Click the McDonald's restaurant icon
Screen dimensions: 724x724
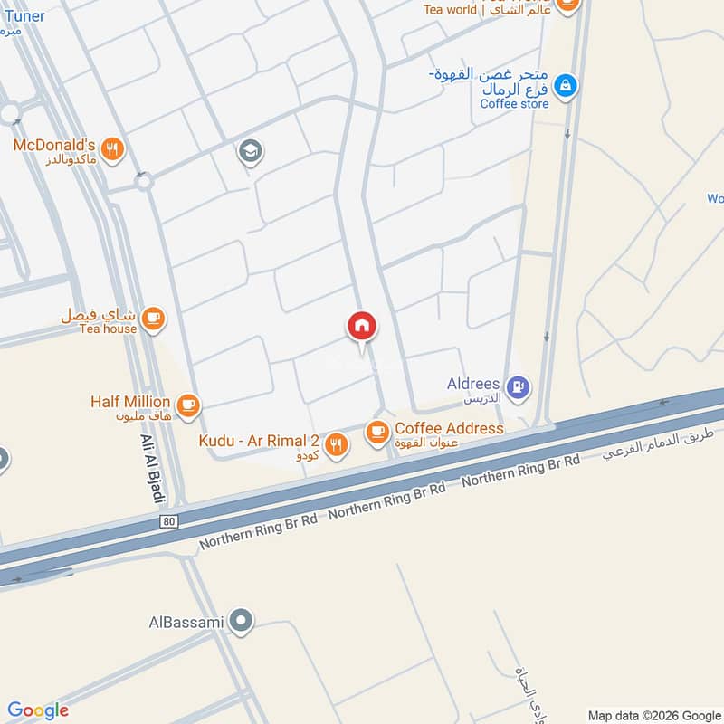click(112, 150)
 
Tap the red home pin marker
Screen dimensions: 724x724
click(362, 326)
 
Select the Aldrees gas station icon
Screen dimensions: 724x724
click(518, 387)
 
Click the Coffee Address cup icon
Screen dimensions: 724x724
click(376, 433)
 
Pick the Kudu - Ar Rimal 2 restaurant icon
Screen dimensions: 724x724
click(336, 444)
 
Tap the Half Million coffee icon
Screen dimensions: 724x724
click(188, 405)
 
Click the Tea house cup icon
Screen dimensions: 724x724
click(153, 318)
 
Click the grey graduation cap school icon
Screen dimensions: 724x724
click(250, 152)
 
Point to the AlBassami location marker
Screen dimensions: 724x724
click(241, 622)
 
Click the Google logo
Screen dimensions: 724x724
click(38, 710)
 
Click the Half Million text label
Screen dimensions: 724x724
click(130, 401)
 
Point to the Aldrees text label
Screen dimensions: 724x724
click(473, 384)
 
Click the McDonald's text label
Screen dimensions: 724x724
click(54, 145)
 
